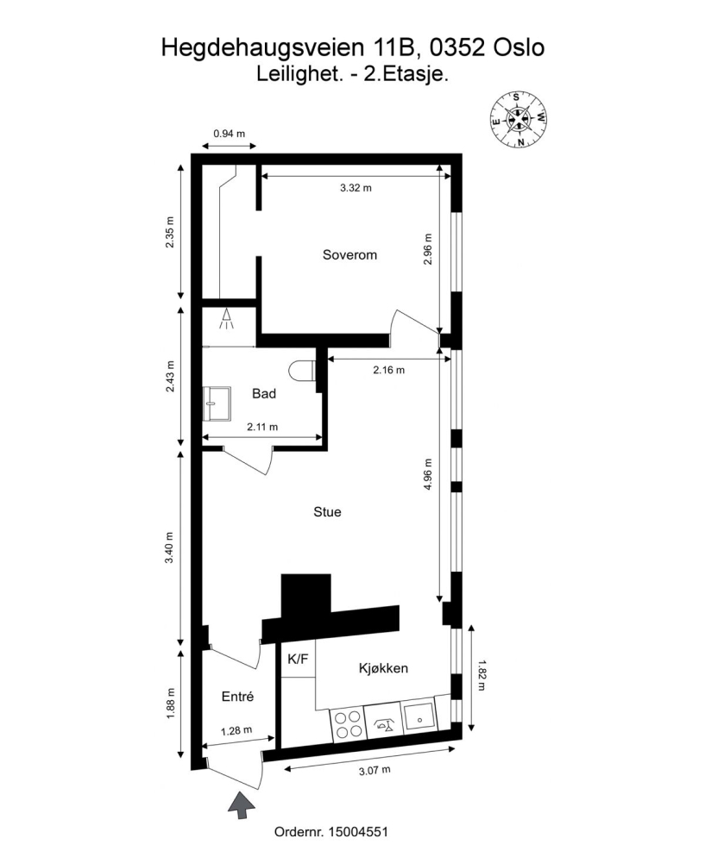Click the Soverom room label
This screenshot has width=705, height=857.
coord(349,254)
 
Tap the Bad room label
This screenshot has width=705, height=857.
coord(264,393)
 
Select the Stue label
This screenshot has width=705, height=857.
coord(327,511)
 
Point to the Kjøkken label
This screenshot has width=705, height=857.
coord(383,668)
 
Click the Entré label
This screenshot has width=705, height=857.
coord(238,697)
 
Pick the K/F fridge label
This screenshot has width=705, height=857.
coord(298,660)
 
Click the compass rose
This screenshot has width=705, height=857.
coord(519,119)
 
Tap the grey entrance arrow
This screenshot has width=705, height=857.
coord(241,804)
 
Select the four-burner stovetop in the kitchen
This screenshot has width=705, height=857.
coord(348,724)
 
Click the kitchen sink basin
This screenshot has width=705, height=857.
coord(419,718)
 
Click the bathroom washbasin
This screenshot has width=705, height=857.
coord(217,403)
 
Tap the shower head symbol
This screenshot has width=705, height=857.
coord(226,319)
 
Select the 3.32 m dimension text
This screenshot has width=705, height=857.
coord(356,188)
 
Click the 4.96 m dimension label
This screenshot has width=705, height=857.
coord(428,474)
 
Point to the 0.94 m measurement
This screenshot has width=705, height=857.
coord(230,134)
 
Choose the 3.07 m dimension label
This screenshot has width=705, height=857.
coord(375,771)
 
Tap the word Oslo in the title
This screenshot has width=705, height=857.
coord(519,47)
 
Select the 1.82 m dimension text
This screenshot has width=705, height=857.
coord(482,676)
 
